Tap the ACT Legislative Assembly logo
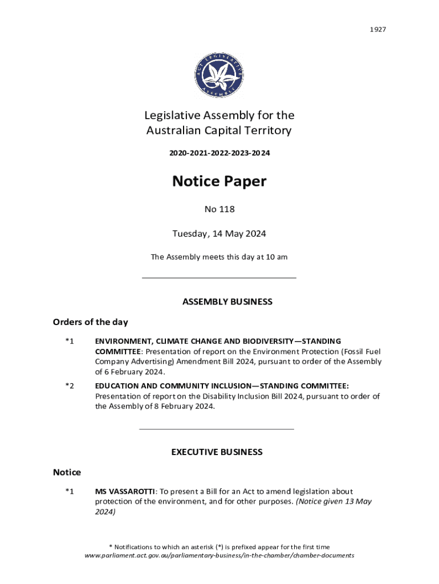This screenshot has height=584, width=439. tap(219, 74)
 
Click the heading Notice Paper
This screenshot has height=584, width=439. tap(219, 181)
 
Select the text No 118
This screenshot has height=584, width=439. tap(219, 209)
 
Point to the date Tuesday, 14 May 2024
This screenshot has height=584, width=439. tap(219, 234)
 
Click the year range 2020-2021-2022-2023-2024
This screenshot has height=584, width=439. tap(219, 153)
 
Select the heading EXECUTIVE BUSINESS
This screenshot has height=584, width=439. tap(217, 452)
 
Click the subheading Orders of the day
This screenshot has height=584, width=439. tap(91, 322)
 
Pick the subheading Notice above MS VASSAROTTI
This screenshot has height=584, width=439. tap(67, 472)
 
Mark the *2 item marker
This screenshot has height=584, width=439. tap(69, 386)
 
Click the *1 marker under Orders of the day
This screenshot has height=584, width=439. tap(69, 341)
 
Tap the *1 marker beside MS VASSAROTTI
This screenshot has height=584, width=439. tap(69, 491)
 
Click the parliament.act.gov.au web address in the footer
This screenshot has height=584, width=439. tap(219, 555)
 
